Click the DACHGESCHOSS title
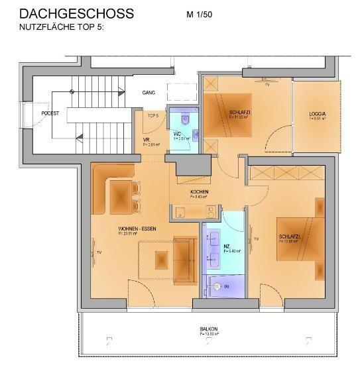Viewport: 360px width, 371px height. [76, 13]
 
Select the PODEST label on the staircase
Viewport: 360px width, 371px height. [50, 113]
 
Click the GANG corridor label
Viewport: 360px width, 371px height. [149, 93]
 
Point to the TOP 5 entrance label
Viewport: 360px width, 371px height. [152, 115]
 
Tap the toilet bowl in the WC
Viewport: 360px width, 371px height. [186, 119]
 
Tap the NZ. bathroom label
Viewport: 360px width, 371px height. [227, 246]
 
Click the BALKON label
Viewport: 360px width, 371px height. [209, 329]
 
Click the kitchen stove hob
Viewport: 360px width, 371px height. [210, 212]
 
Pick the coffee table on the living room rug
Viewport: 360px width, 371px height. [162, 260]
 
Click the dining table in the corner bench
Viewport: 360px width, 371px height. [121, 195]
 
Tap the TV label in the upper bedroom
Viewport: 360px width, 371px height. [267, 85]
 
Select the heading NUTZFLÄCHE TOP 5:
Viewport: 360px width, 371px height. [62, 28]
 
